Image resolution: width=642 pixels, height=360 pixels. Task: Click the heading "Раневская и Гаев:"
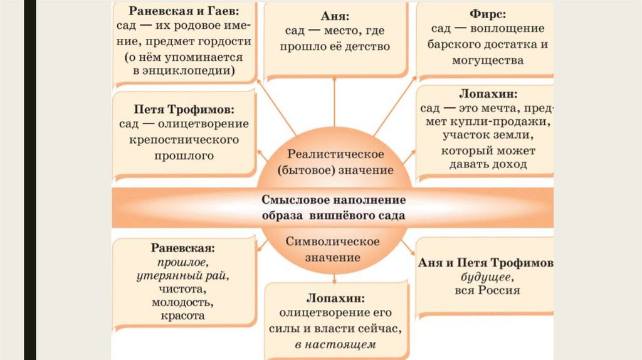tap(184, 12)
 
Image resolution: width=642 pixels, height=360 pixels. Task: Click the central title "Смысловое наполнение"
tap(334, 200)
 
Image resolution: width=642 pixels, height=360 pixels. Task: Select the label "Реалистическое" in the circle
tap(334, 154)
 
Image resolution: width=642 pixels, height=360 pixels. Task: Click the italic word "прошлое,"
tap(183, 263)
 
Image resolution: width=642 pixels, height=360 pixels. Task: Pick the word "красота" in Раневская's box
tap(183, 316)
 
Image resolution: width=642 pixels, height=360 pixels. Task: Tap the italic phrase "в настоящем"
tap(335, 344)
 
